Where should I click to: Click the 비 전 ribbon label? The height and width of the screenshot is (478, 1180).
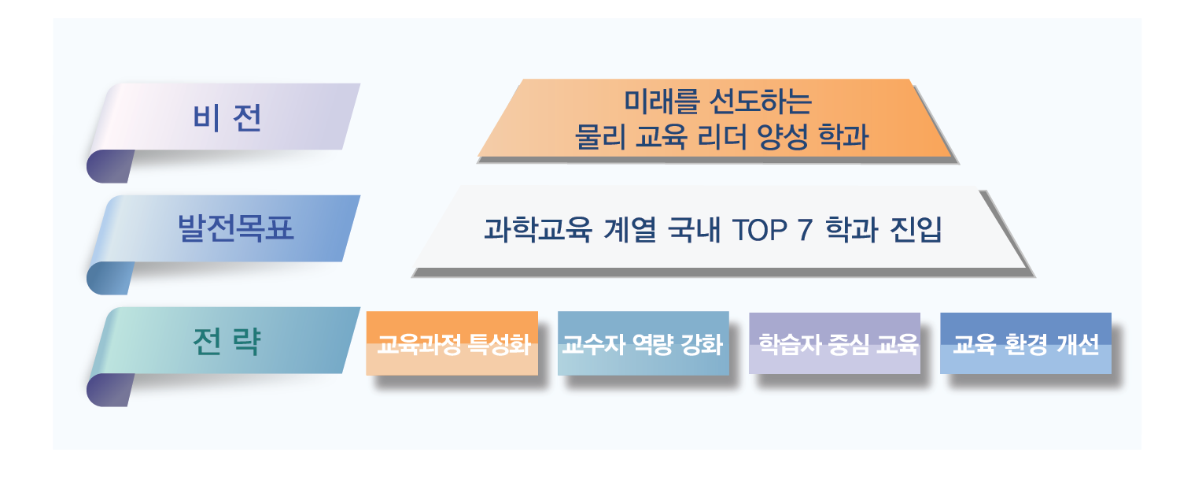point(227,117)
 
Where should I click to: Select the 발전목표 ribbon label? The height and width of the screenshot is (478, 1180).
point(235,228)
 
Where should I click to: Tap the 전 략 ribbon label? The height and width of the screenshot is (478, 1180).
point(227,341)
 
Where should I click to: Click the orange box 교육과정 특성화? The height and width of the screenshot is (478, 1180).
point(452,343)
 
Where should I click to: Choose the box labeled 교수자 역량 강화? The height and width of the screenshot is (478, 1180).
point(643,343)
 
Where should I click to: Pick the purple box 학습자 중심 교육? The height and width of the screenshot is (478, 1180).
point(835,343)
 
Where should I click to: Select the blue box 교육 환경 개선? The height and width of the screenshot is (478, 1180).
point(1026,343)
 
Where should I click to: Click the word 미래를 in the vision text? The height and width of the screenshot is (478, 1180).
point(662,102)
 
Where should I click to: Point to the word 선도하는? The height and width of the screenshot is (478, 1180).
point(761,102)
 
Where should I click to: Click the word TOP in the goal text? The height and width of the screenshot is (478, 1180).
point(760,230)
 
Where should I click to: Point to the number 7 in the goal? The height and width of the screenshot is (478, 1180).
point(805,230)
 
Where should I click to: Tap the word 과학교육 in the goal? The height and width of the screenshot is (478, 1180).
point(538,229)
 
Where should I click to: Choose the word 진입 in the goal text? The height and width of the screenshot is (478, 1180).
point(916,229)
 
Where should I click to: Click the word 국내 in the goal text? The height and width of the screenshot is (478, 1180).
point(694,229)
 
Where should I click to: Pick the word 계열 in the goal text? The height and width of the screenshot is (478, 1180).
point(630,229)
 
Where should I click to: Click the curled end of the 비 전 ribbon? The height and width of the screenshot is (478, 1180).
point(109,166)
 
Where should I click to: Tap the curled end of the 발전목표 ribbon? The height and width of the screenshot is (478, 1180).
point(109,278)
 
